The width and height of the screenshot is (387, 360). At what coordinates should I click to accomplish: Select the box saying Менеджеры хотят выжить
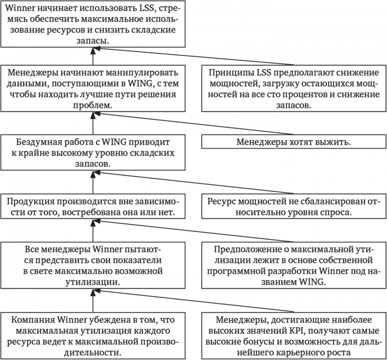pyautogui.click(x=293, y=142)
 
